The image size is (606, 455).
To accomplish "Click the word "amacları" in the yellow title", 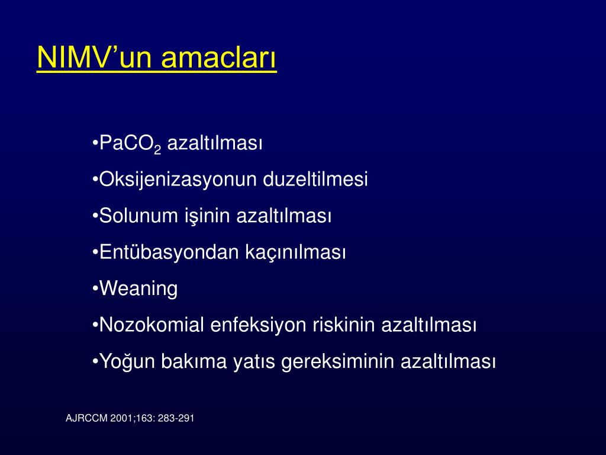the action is [x=218, y=57].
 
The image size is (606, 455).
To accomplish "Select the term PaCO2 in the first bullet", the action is [x=130, y=144].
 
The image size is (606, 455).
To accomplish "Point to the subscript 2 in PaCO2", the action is [x=157, y=150].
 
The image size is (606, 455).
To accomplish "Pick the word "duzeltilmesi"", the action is [x=315, y=179].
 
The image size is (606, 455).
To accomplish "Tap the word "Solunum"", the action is [x=141, y=216].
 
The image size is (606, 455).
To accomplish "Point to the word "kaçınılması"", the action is [x=296, y=252].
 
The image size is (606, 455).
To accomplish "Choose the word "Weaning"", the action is [x=138, y=289].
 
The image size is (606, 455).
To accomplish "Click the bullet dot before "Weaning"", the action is [x=95, y=289].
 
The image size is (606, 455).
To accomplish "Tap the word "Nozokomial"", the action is [x=151, y=325].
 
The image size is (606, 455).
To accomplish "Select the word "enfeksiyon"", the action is [x=259, y=325].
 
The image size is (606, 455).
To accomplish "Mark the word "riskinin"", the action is [x=344, y=325].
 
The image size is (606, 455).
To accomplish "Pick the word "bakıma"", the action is [x=194, y=361].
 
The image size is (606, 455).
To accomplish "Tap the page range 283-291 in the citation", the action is [x=176, y=418].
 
